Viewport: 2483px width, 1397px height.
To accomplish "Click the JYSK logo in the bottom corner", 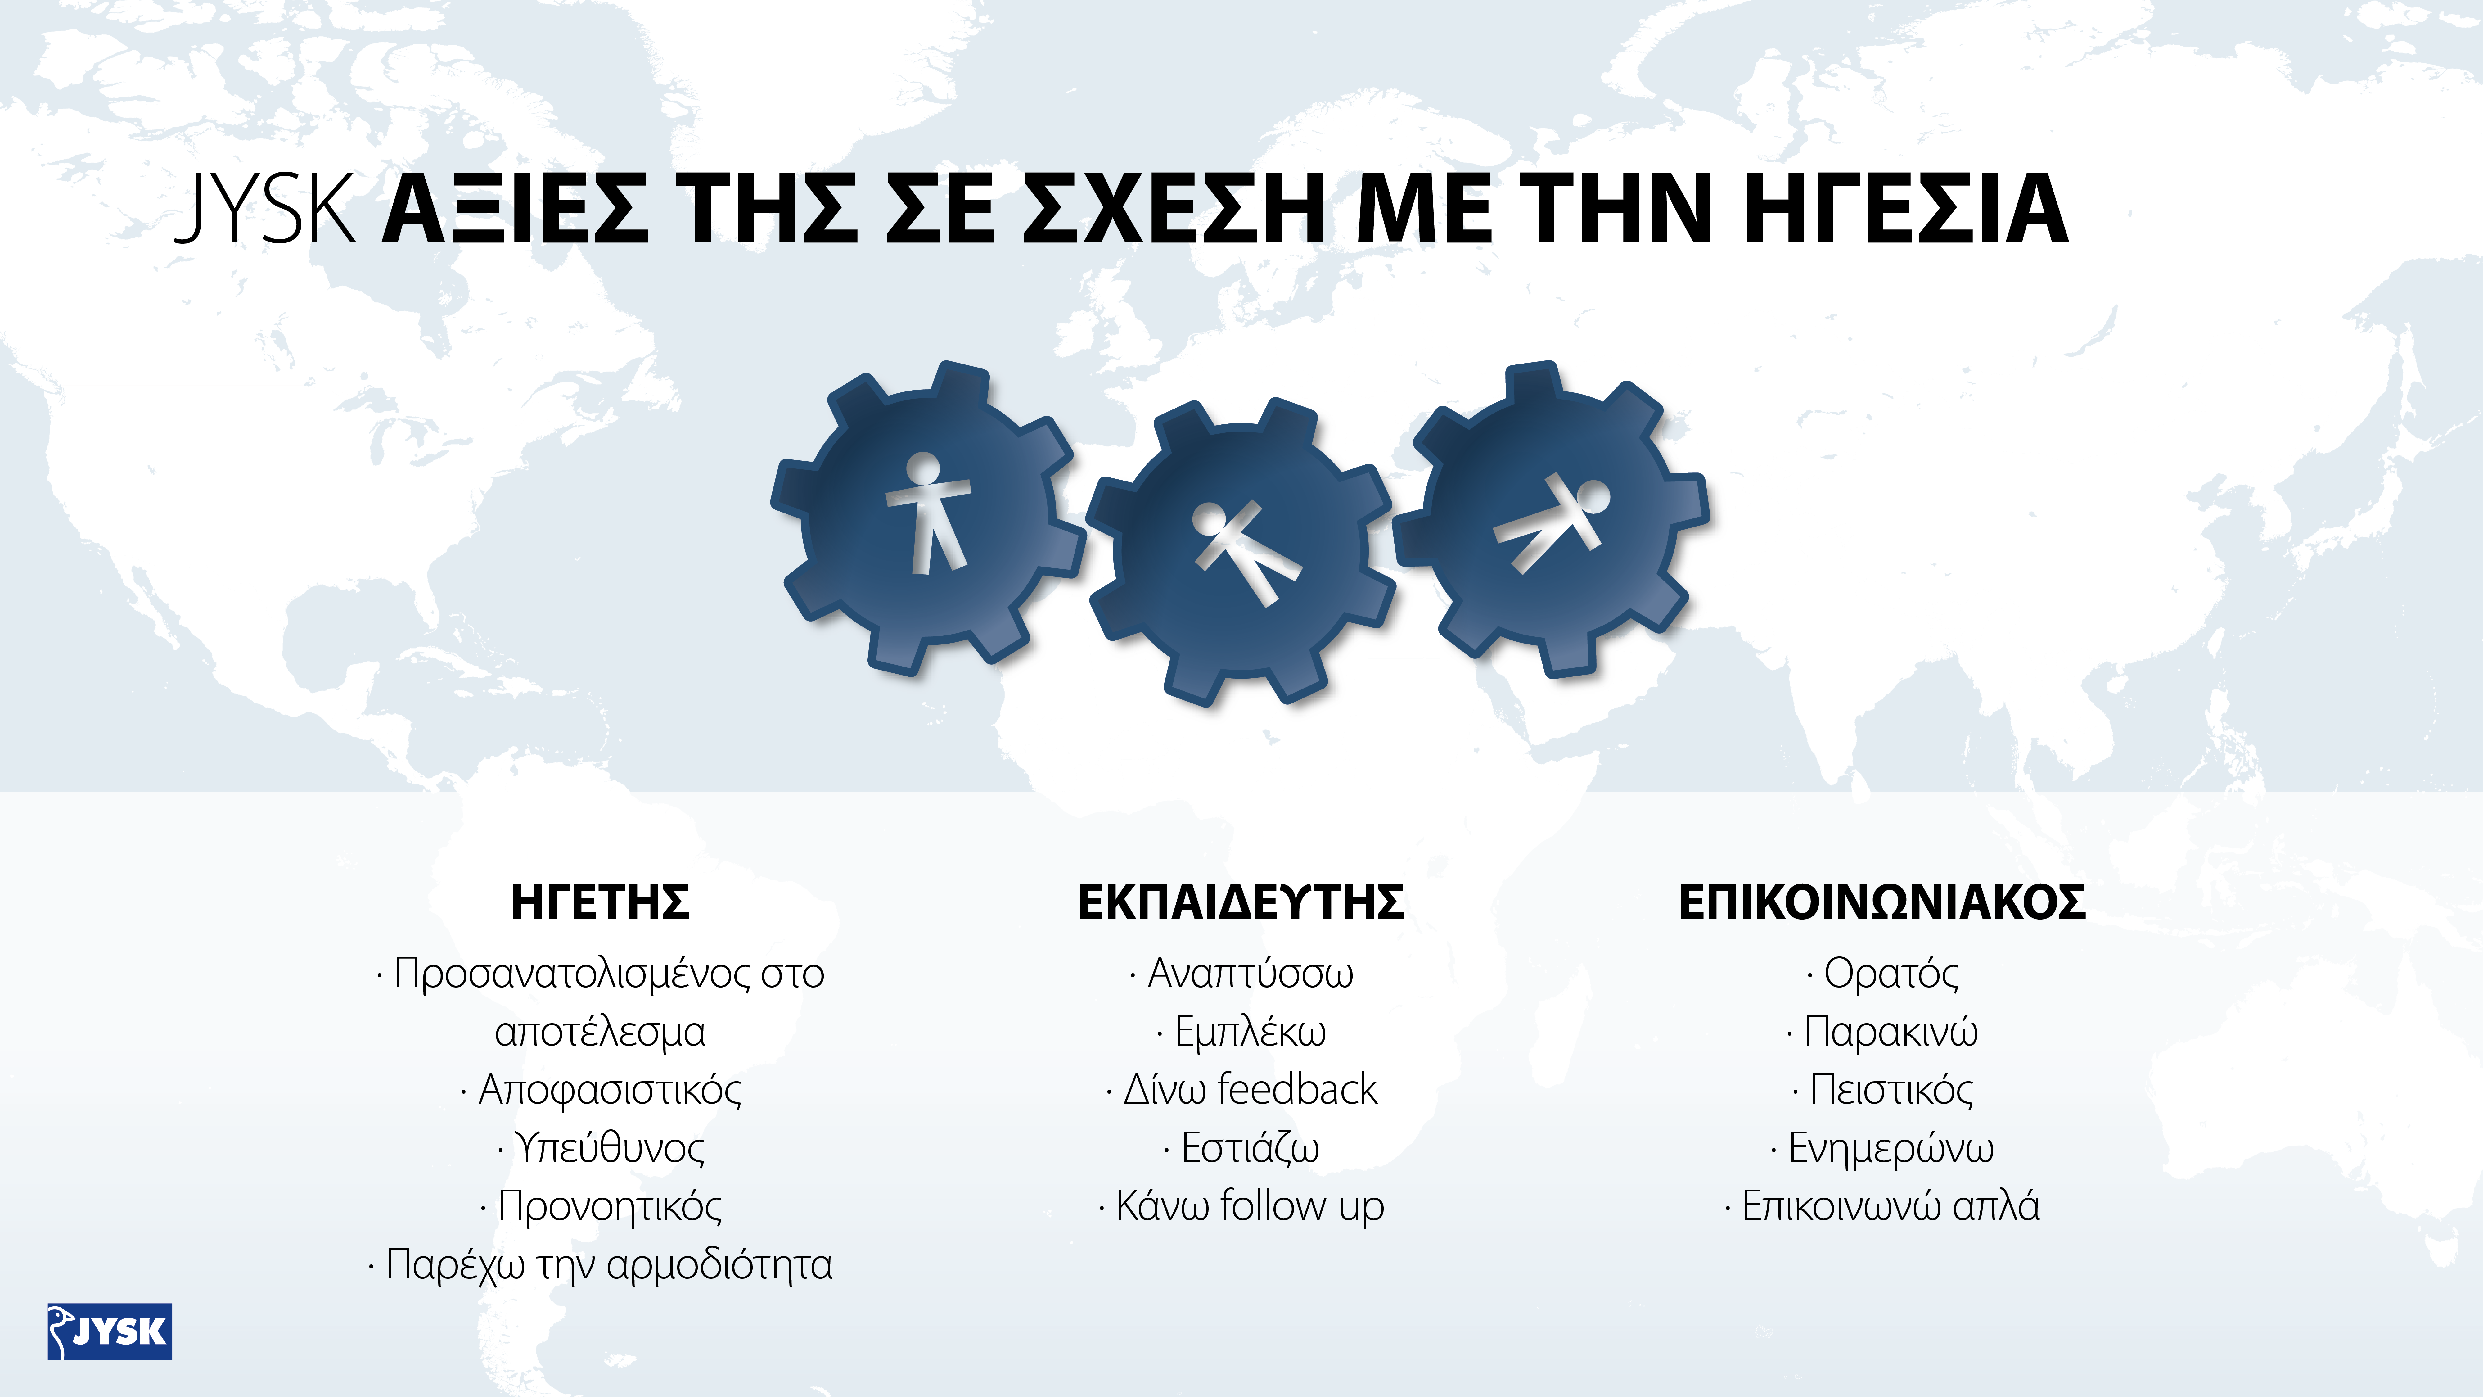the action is coord(110,1331).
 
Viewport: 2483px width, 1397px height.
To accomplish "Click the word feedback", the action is coord(1297,1089).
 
